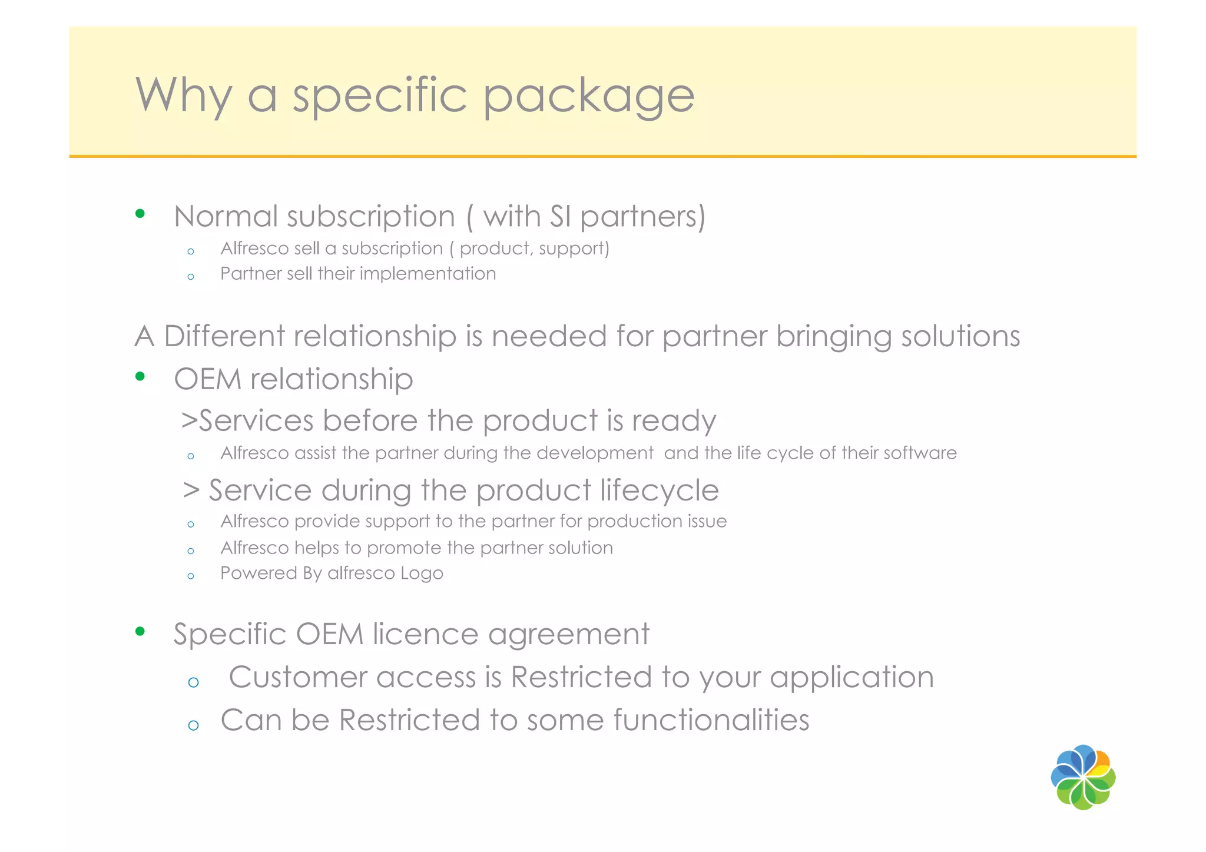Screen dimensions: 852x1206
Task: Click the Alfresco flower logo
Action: pos(1083,777)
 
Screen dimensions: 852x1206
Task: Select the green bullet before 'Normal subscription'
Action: pos(140,214)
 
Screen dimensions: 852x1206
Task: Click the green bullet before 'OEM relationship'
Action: pos(140,376)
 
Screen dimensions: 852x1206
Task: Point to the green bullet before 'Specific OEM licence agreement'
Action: pos(140,632)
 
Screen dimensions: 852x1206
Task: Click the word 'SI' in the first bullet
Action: pos(560,216)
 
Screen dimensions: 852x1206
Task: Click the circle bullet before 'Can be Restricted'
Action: pos(193,725)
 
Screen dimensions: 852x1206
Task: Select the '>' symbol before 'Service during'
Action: pos(191,490)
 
